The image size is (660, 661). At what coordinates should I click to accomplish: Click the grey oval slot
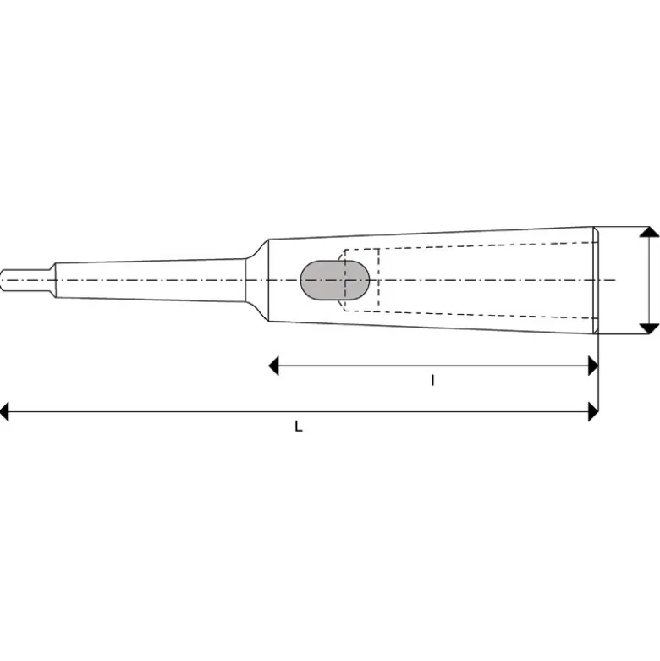tap(335, 280)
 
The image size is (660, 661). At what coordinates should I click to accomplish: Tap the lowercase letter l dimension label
tap(432, 381)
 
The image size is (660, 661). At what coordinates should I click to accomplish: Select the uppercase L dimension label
tap(299, 427)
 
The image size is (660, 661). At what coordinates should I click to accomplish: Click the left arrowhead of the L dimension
tap(4, 411)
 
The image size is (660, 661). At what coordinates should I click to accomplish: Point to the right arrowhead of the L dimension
tap(593, 411)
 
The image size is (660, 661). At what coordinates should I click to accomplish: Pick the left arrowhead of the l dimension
tap(274, 366)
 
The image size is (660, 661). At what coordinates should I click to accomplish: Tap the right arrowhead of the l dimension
tap(593, 366)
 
